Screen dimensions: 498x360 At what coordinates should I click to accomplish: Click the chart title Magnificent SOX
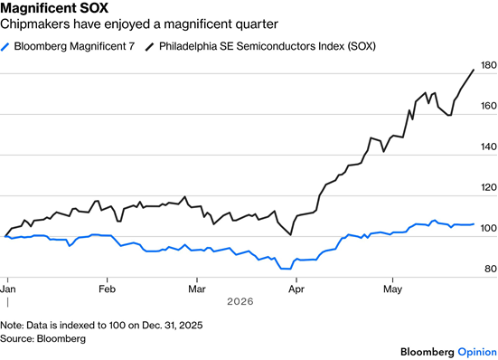pyautogui.click(x=54, y=8)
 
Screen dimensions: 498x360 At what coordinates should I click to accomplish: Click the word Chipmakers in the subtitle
pyautogui.click(x=34, y=24)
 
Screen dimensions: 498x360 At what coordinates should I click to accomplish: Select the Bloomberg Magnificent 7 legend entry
pyautogui.click(x=67, y=46)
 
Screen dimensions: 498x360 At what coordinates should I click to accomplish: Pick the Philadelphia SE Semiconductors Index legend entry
pyautogui.click(x=260, y=46)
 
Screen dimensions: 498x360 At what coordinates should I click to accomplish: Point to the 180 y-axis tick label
pyautogui.click(x=489, y=65)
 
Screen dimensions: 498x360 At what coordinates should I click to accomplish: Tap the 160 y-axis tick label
pyautogui.click(x=489, y=106)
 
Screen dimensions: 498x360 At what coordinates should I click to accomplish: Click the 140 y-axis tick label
pyautogui.click(x=489, y=147)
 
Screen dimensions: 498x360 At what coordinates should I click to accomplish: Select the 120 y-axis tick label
pyautogui.click(x=489, y=187)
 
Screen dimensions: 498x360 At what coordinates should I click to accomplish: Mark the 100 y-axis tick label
pyautogui.click(x=489, y=228)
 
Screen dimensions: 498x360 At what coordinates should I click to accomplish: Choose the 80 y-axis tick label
pyautogui.click(x=491, y=269)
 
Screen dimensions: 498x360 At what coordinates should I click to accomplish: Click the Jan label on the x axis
pyautogui.click(x=8, y=289)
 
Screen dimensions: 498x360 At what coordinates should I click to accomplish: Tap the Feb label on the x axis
pyautogui.click(x=107, y=289)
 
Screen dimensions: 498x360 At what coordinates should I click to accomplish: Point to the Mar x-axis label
pyautogui.click(x=197, y=289)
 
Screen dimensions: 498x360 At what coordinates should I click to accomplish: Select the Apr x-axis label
pyautogui.click(x=296, y=289)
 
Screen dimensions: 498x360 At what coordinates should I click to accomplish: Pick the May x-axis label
pyautogui.click(x=393, y=289)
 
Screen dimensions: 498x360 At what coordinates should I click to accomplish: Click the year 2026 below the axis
pyautogui.click(x=240, y=301)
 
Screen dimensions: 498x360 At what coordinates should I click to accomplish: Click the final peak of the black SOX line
pyautogui.click(x=474, y=70)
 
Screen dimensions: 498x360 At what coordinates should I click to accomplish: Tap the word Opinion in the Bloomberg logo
pyautogui.click(x=477, y=352)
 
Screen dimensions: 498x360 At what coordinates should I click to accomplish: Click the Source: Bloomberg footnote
pyautogui.click(x=42, y=338)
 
